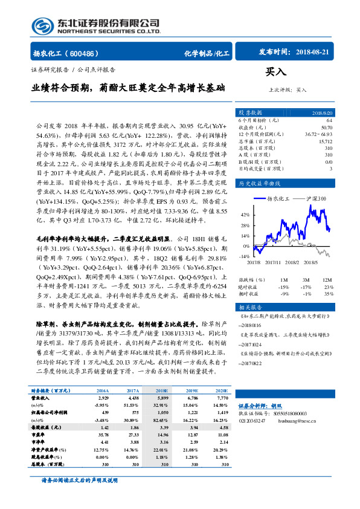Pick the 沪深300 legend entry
pos(316,198)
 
